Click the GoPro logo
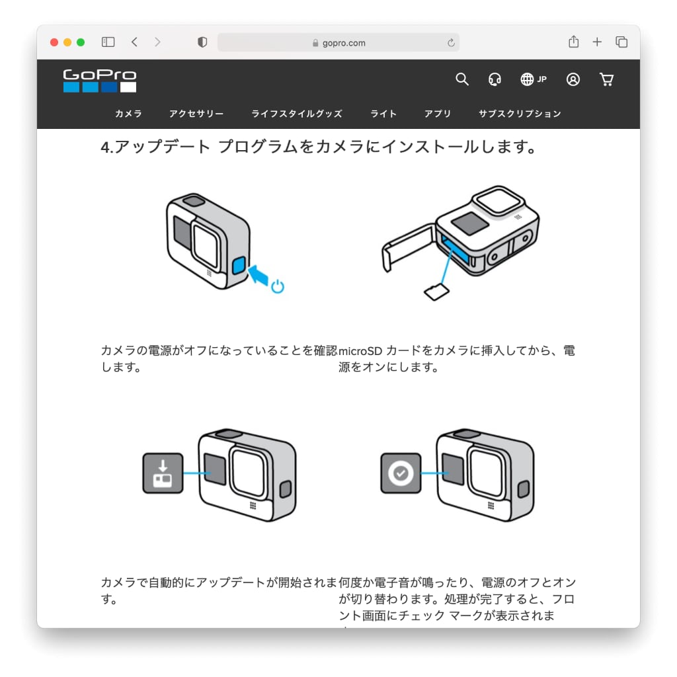(100, 81)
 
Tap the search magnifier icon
(461, 79)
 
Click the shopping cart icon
(607, 79)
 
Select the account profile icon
(573, 79)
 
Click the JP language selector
(534, 79)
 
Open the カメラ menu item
(128, 114)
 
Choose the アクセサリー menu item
(196, 114)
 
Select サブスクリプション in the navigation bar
(520, 114)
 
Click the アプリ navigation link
(438, 114)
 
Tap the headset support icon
(495, 79)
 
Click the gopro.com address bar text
(344, 43)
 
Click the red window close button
(54, 42)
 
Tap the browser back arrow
(134, 42)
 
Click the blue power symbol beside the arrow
(278, 286)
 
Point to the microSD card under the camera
(436, 292)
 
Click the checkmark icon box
(401, 473)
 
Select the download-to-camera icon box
(163, 473)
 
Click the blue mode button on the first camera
(239, 265)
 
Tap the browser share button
(573, 42)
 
